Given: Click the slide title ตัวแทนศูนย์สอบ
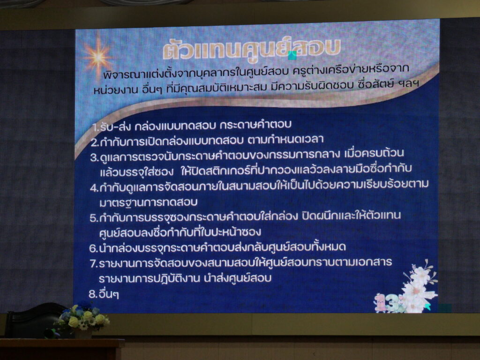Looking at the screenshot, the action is (252, 49).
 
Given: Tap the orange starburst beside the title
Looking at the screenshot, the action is (97, 57).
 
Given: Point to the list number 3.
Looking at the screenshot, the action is (94, 157).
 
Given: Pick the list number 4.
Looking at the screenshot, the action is (94, 187).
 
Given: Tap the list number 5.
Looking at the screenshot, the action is (94, 218).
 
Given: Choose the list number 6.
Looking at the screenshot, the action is (93, 248).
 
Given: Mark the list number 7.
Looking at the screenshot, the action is (93, 263).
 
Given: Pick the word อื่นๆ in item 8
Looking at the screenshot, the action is (109, 294).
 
